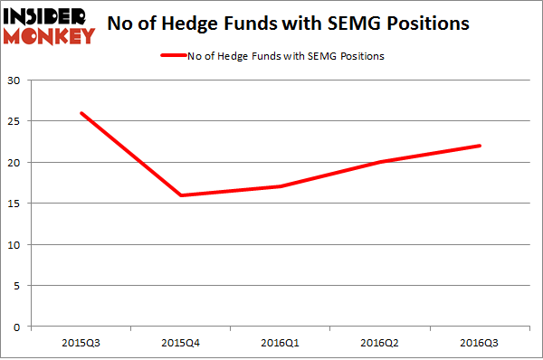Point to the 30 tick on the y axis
(x=15, y=81)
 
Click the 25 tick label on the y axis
(x=15, y=121)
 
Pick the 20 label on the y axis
(x=15, y=163)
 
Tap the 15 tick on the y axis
(x=15, y=204)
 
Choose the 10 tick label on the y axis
(x=15, y=244)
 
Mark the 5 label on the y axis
(x=18, y=286)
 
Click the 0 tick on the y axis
(x=18, y=327)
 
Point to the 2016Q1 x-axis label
(x=281, y=342)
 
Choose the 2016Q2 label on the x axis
(x=381, y=342)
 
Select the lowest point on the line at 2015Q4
(x=180, y=195)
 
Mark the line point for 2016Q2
(x=381, y=162)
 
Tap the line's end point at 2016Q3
(x=481, y=146)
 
